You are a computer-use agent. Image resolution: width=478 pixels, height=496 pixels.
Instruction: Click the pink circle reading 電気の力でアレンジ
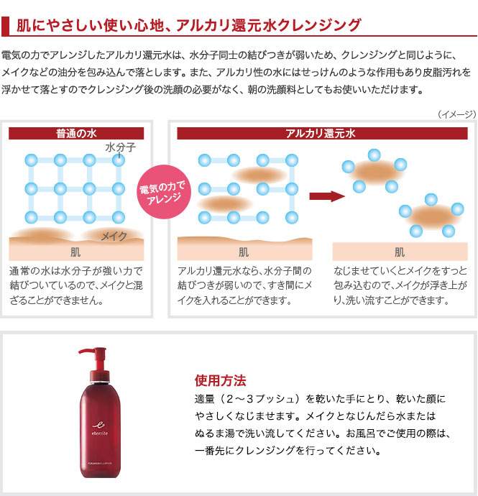[x=164, y=192]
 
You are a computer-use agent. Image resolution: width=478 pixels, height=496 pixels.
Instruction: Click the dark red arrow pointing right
[x=327, y=196]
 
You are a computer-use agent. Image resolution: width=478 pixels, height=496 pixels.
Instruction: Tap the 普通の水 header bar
[x=76, y=133]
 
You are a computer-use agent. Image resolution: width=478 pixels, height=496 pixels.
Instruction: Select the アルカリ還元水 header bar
[x=322, y=133]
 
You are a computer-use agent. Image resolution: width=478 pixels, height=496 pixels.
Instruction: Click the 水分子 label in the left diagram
[x=121, y=147]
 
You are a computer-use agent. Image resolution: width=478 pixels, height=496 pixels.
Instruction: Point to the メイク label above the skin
[x=114, y=236]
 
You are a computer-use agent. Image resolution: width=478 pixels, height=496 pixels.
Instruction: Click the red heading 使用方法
[x=220, y=380]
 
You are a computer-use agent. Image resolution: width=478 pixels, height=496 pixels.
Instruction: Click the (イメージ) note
[x=457, y=114]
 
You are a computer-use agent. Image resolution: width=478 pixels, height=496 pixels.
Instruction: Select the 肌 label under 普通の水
[x=75, y=252]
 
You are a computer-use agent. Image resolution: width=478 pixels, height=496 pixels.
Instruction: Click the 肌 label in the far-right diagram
[x=400, y=252]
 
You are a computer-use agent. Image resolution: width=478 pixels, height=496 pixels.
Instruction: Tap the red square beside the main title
[x=5, y=26]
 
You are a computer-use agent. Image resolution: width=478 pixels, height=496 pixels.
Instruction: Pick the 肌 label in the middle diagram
[x=244, y=252]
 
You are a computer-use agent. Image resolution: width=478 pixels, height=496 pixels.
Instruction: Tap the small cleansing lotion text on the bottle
[x=100, y=464]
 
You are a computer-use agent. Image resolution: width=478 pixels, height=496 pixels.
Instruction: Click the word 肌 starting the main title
[x=24, y=25]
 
